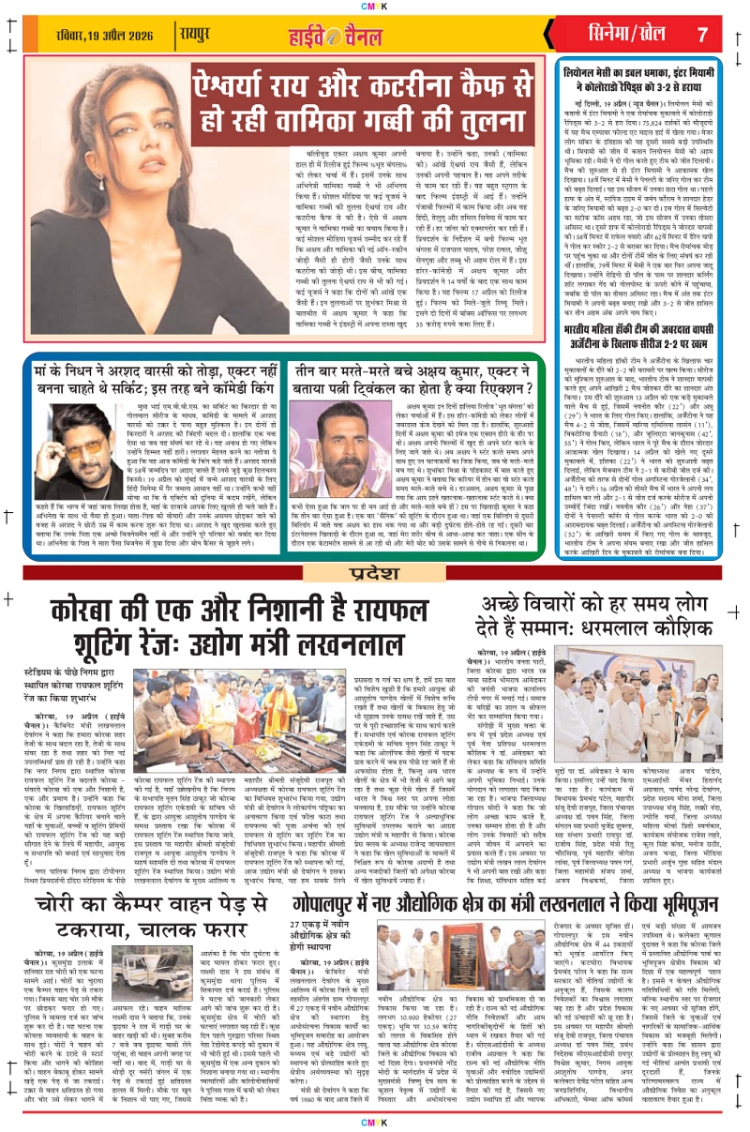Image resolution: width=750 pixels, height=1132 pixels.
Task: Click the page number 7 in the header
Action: (701, 35)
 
